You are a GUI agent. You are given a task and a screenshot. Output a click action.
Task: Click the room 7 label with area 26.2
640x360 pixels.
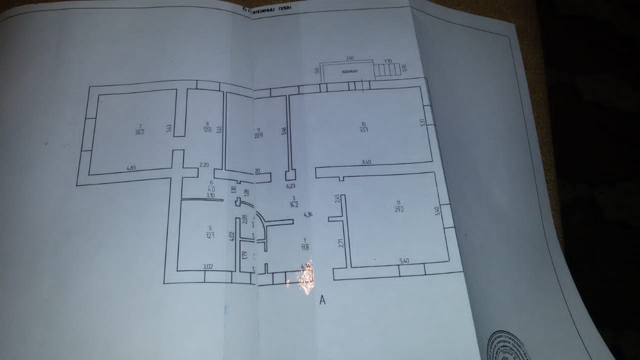tap(139, 129)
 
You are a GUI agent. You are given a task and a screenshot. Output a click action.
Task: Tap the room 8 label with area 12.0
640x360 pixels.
tap(207, 126)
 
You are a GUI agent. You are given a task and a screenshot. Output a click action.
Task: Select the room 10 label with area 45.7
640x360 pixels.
tap(364, 127)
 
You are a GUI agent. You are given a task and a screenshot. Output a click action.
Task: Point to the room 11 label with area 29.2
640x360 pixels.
tap(398, 206)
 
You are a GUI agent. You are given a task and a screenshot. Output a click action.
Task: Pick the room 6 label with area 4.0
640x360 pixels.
tap(211, 186)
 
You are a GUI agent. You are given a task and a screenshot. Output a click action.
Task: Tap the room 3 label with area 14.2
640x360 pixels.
tap(294, 201)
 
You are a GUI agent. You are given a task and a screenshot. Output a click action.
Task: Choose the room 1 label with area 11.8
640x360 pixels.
tap(304, 243)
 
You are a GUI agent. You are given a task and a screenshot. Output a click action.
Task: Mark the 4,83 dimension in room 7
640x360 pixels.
tap(131, 168)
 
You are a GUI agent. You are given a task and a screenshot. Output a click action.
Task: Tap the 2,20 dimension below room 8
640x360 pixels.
tap(203, 164)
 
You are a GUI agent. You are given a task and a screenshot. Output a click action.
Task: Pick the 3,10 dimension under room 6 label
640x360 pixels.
tap(211, 195)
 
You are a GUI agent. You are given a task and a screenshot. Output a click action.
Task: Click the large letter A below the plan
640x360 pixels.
tap(322, 300)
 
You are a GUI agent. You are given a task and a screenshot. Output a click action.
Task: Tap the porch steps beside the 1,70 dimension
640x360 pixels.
tap(388, 70)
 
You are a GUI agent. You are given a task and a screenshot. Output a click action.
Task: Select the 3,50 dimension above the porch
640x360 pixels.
tap(350, 58)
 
